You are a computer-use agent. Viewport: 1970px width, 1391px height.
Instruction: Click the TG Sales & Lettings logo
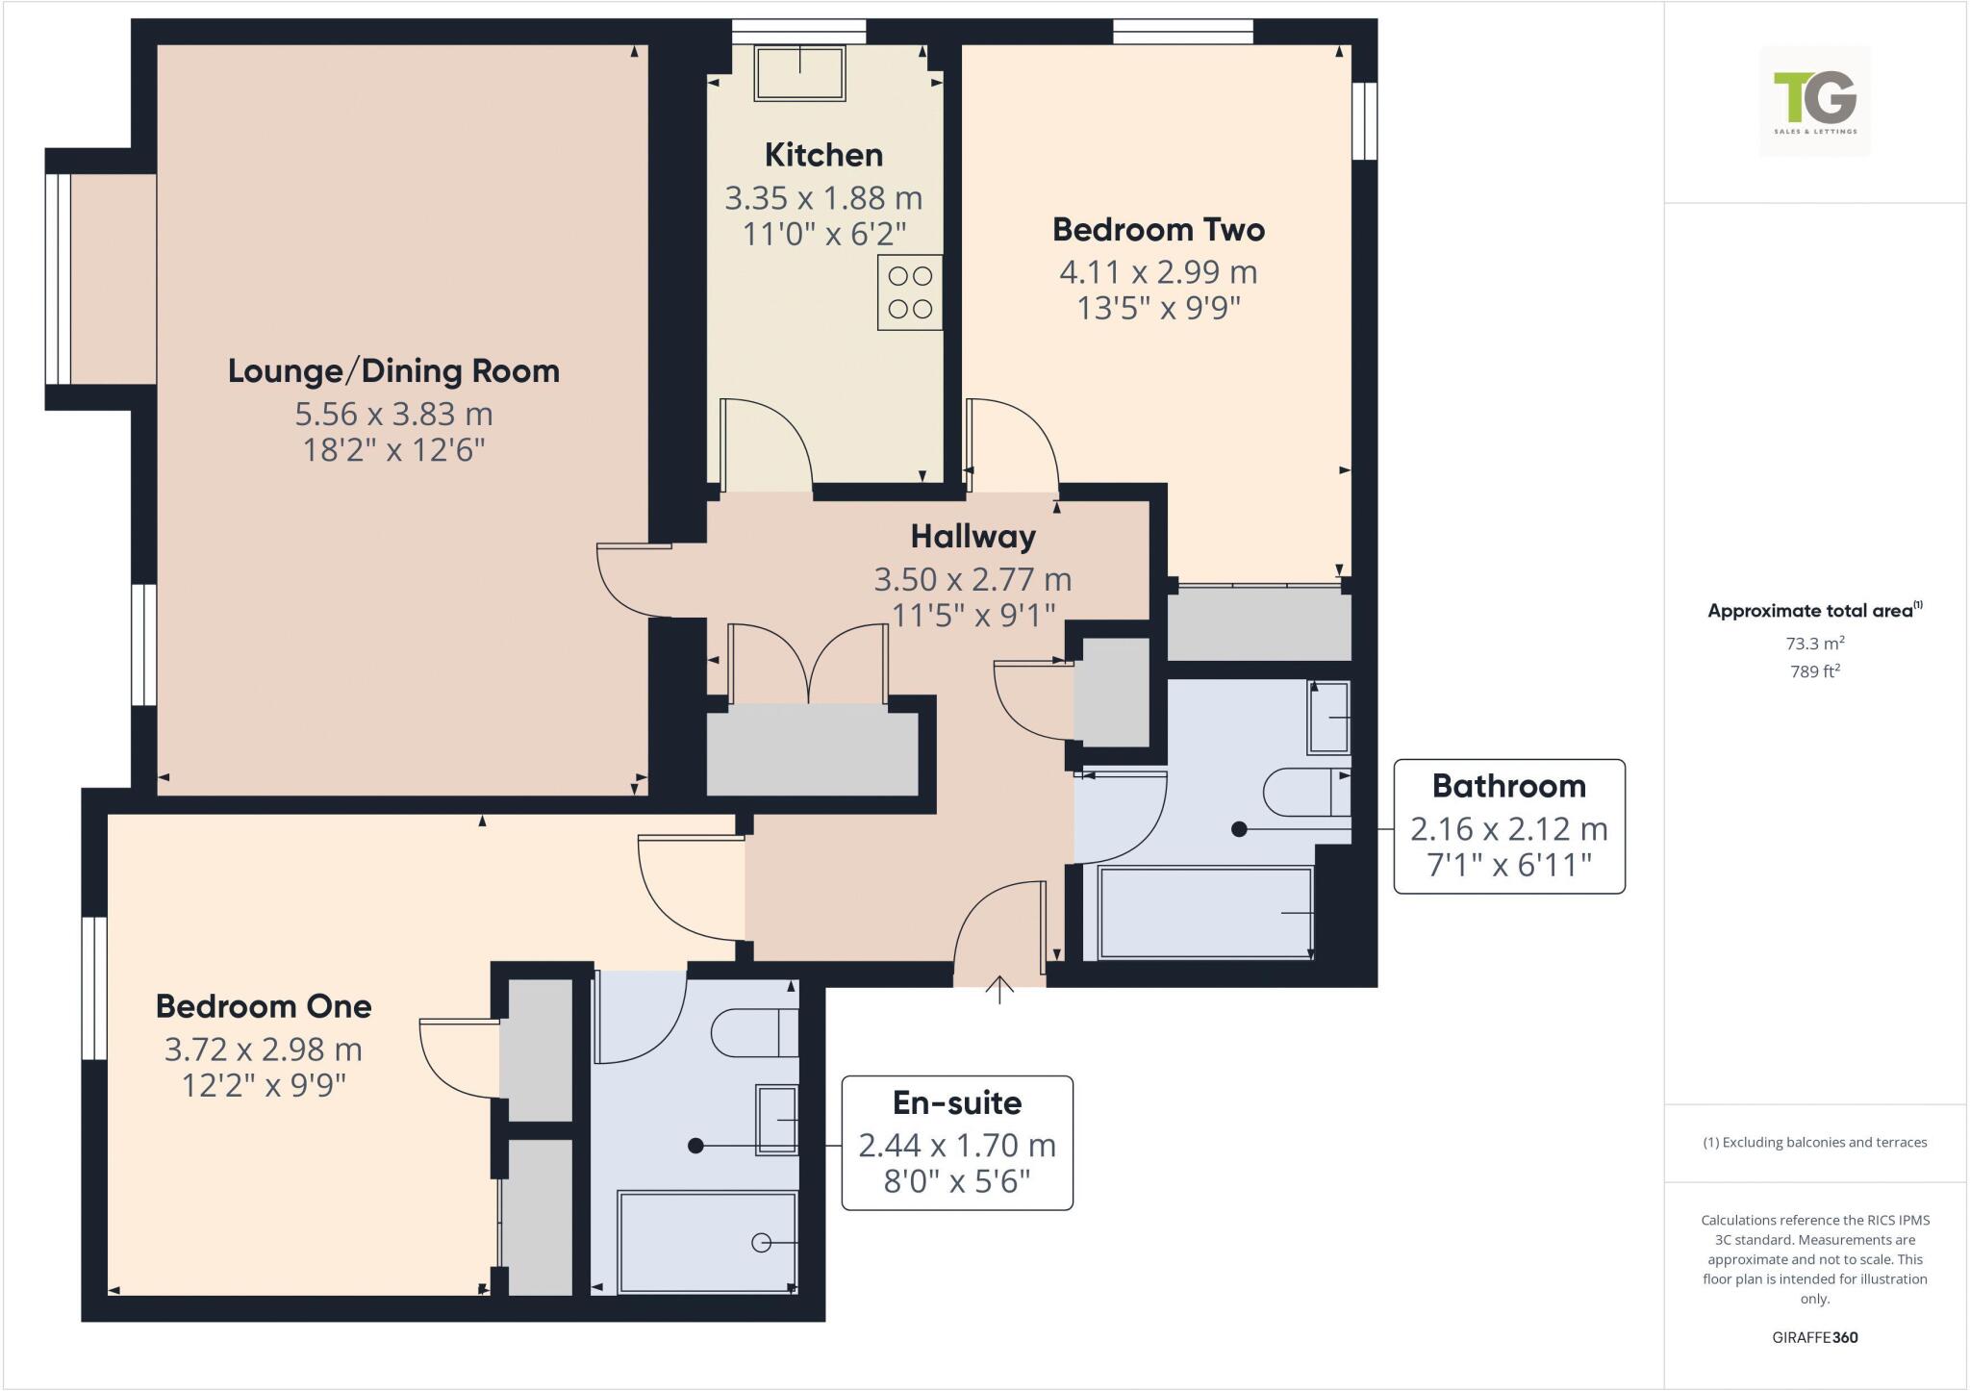point(1815,100)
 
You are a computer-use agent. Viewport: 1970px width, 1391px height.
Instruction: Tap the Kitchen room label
point(823,155)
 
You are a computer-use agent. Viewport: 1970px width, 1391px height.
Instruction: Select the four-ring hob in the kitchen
point(910,292)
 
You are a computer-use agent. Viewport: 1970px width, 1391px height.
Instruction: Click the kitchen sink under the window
point(800,73)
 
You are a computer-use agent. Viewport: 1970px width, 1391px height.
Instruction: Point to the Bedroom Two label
point(1158,230)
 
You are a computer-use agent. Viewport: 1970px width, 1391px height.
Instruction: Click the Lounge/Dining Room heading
point(393,371)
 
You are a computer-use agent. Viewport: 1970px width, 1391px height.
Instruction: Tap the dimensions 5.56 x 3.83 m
point(393,414)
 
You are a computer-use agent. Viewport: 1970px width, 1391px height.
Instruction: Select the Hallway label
point(972,536)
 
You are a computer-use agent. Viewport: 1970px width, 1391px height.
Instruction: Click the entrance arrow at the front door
point(999,990)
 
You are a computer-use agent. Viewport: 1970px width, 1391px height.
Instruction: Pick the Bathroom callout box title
point(1508,786)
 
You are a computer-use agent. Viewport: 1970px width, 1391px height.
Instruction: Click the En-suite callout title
point(956,1102)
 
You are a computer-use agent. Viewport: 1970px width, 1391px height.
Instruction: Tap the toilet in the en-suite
point(754,1033)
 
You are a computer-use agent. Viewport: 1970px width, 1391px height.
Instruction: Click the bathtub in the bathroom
point(1204,913)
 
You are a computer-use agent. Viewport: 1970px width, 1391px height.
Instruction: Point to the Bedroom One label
point(264,1006)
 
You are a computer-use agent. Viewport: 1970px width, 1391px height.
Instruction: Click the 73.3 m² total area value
point(1814,644)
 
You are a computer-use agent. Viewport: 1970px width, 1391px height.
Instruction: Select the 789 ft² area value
point(1814,671)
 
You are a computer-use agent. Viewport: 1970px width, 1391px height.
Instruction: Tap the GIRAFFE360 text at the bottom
point(1814,1337)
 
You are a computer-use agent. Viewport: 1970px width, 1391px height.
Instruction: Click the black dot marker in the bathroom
point(1239,828)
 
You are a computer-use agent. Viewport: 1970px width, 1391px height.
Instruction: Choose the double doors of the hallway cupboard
point(809,664)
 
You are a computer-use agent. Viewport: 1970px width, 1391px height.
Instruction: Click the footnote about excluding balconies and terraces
point(1814,1143)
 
